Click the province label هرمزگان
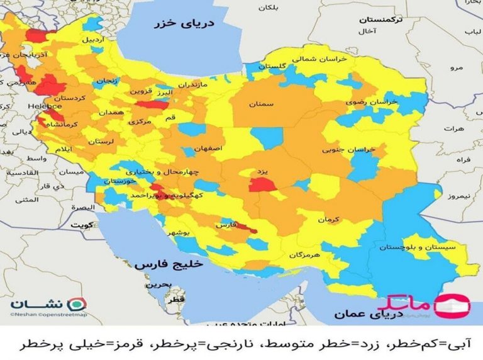pos(305,256)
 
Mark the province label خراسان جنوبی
pos(348,150)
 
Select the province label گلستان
pos(275,66)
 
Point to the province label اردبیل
pos(87,39)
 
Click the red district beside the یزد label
pos(259,184)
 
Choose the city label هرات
pos(452,128)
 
